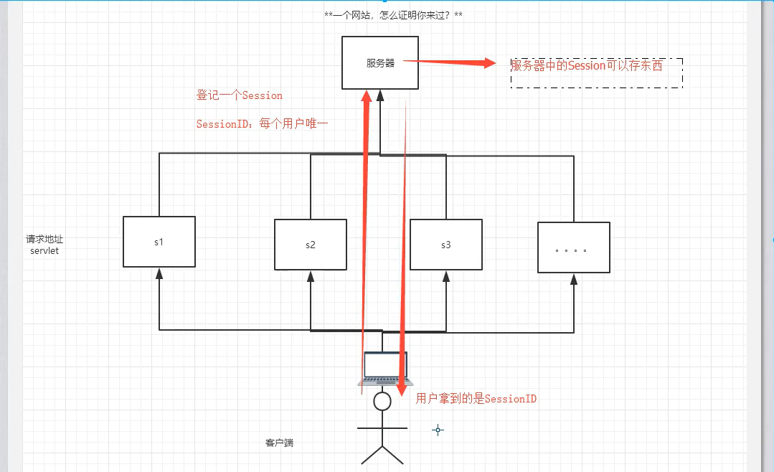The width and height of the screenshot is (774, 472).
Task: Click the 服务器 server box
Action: pos(380,63)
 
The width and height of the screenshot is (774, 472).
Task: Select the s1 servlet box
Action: pos(159,242)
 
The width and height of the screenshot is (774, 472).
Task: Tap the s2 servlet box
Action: pos(310,245)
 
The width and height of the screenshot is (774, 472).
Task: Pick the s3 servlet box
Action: pos(445,245)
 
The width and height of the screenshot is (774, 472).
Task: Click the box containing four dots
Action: pos(573,248)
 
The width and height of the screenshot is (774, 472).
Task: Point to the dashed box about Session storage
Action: pos(596,72)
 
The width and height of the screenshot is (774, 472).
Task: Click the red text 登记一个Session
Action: pos(240,95)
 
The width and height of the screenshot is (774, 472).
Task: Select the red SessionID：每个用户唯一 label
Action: pos(262,124)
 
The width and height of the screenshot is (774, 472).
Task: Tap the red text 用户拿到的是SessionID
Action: pos(476,399)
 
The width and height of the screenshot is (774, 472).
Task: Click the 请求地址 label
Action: pos(44,240)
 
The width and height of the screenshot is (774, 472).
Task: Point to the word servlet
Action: pos(44,250)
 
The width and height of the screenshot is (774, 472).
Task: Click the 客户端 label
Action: pos(279,443)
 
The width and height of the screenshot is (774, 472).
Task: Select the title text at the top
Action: pos(393,15)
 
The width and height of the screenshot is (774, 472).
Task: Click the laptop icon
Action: pos(385,369)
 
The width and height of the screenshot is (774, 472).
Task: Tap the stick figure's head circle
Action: pos(382,402)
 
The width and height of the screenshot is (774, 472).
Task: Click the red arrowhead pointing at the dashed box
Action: pos(490,63)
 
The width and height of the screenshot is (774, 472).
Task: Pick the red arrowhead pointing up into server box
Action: pos(367,96)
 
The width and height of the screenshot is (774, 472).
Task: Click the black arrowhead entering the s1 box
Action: pos(159,273)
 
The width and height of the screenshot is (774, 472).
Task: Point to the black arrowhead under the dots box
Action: pos(573,279)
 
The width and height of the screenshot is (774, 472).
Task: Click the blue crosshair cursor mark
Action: pos(438,430)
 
